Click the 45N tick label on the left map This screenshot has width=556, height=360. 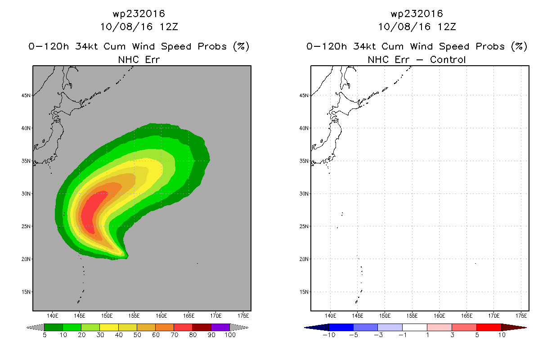coord(26,95)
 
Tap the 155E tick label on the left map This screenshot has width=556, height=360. coord(134,316)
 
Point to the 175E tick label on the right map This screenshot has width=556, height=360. coord(521,316)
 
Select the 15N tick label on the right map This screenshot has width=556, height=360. coord(304,292)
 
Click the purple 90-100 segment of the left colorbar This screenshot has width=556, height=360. coord(220,327)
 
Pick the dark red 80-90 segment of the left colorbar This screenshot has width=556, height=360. coord(202,327)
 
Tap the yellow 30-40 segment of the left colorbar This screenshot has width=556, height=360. coord(109,327)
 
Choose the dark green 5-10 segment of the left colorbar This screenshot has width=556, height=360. coord(54,327)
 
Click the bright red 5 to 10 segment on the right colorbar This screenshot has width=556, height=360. coord(489,327)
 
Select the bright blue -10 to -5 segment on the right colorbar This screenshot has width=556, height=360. coord(341,327)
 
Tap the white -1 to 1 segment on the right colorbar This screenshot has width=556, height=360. coord(415,327)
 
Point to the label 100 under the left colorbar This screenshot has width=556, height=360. coord(230,335)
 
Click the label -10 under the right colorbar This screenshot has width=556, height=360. coord(329,335)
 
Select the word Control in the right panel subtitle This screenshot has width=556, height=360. coord(448,59)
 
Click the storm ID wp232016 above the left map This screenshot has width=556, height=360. coord(139,14)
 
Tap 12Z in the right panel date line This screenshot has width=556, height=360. coord(447,27)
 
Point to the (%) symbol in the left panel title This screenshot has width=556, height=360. coord(241,46)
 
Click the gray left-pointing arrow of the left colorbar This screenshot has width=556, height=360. coord(35,328)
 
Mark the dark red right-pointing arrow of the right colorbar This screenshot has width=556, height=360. coord(514,328)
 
